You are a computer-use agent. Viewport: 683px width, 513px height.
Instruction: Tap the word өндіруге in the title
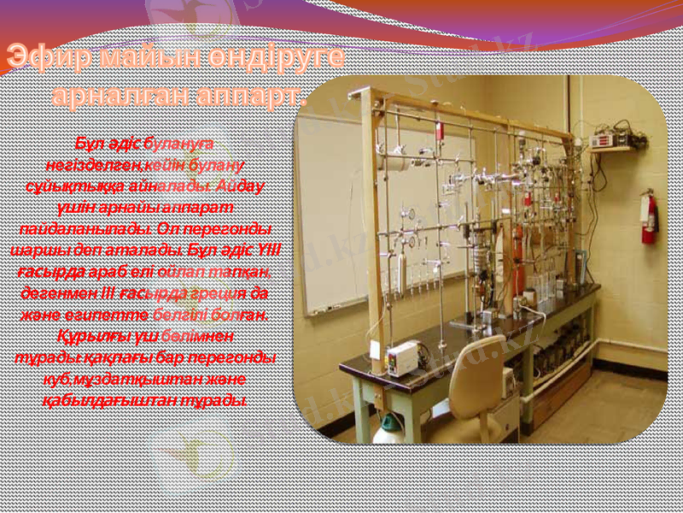281,58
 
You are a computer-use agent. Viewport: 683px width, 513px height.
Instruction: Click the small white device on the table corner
402,358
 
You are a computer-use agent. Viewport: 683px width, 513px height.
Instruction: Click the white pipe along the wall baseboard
632,345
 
